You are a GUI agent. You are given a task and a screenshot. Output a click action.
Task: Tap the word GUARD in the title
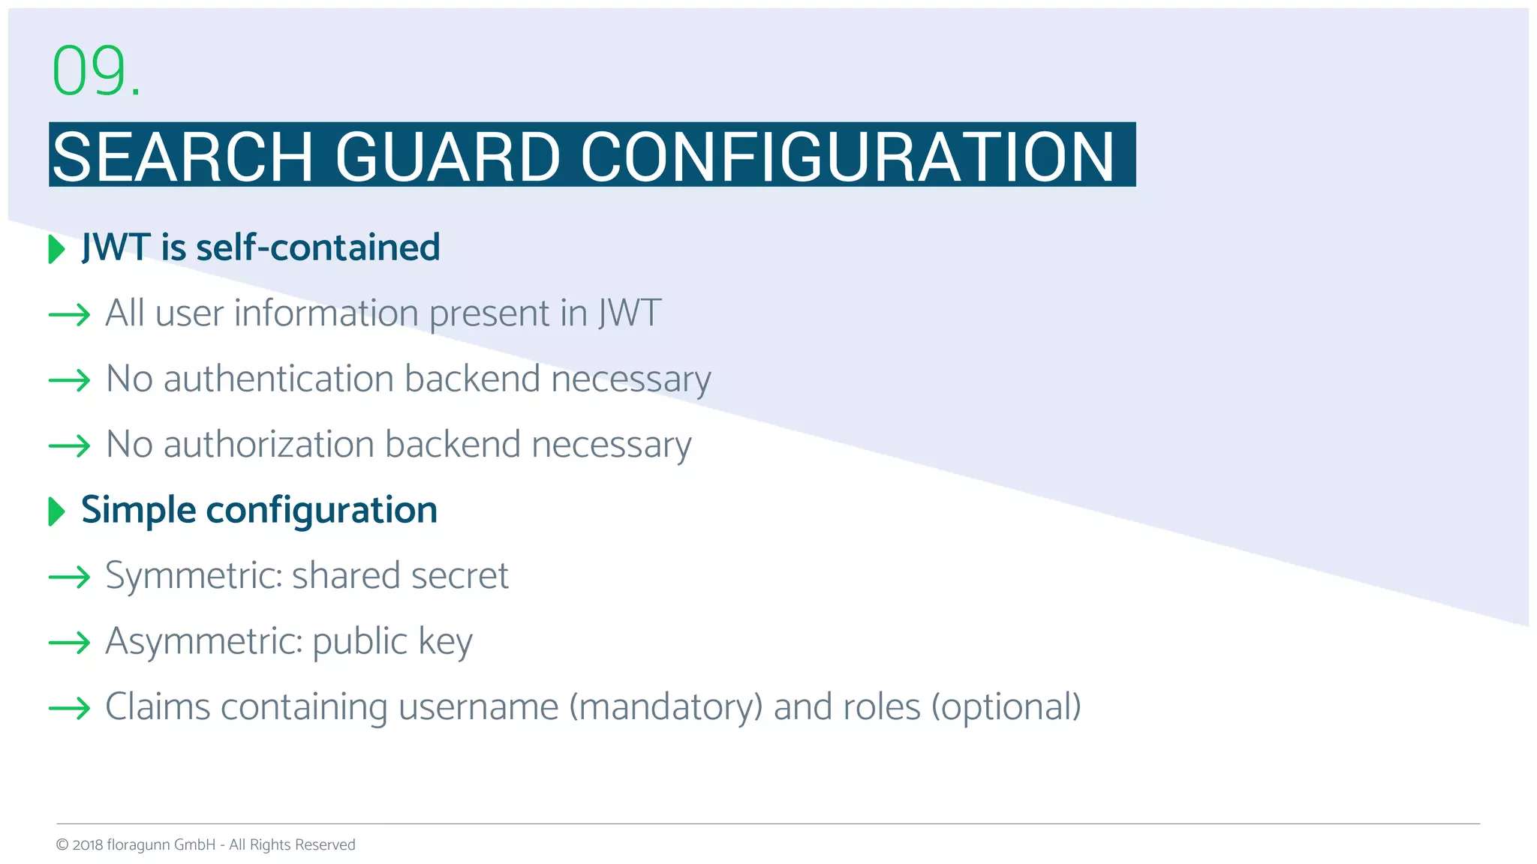[447, 157]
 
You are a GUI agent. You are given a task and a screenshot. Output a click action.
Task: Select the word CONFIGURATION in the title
[847, 157]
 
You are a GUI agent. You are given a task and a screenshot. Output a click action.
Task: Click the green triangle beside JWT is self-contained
[56, 249]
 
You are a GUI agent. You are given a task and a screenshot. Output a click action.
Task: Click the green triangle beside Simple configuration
[56, 511]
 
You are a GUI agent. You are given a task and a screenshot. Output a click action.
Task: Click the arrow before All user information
[69, 315]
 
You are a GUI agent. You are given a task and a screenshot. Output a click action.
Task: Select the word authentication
[278, 379]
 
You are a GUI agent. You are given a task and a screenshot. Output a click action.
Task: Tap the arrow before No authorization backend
[69, 446]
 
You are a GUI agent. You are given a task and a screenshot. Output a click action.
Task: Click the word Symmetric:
[194, 576]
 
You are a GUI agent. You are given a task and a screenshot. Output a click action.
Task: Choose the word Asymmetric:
[203, 642]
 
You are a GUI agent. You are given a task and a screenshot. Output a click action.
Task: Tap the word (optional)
[1006, 707]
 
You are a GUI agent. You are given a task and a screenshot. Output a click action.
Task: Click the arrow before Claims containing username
[69, 708]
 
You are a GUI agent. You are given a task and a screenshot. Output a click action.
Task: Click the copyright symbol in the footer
[62, 845]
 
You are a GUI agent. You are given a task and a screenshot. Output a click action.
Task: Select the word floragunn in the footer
[138, 845]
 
